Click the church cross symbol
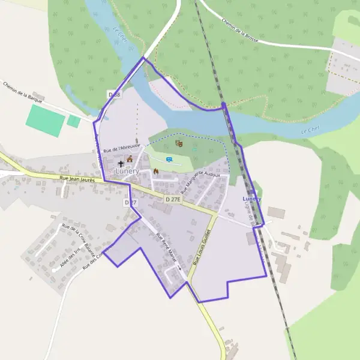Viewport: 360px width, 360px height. coord(121,163)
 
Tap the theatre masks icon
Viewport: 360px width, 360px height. coord(178,143)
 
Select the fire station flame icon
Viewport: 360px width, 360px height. coord(156,171)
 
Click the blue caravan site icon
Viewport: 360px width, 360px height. coord(169,159)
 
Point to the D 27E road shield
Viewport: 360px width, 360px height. coord(173,198)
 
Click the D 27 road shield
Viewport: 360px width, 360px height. coord(131,203)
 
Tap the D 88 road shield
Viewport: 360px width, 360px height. coord(114,95)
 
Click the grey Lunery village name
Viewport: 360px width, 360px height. coord(127,171)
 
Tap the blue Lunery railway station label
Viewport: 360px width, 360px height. coord(251,198)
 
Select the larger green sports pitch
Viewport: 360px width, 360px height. coord(44,121)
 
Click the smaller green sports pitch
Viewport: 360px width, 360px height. coord(74,121)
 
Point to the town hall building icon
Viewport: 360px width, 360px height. coord(129,159)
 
